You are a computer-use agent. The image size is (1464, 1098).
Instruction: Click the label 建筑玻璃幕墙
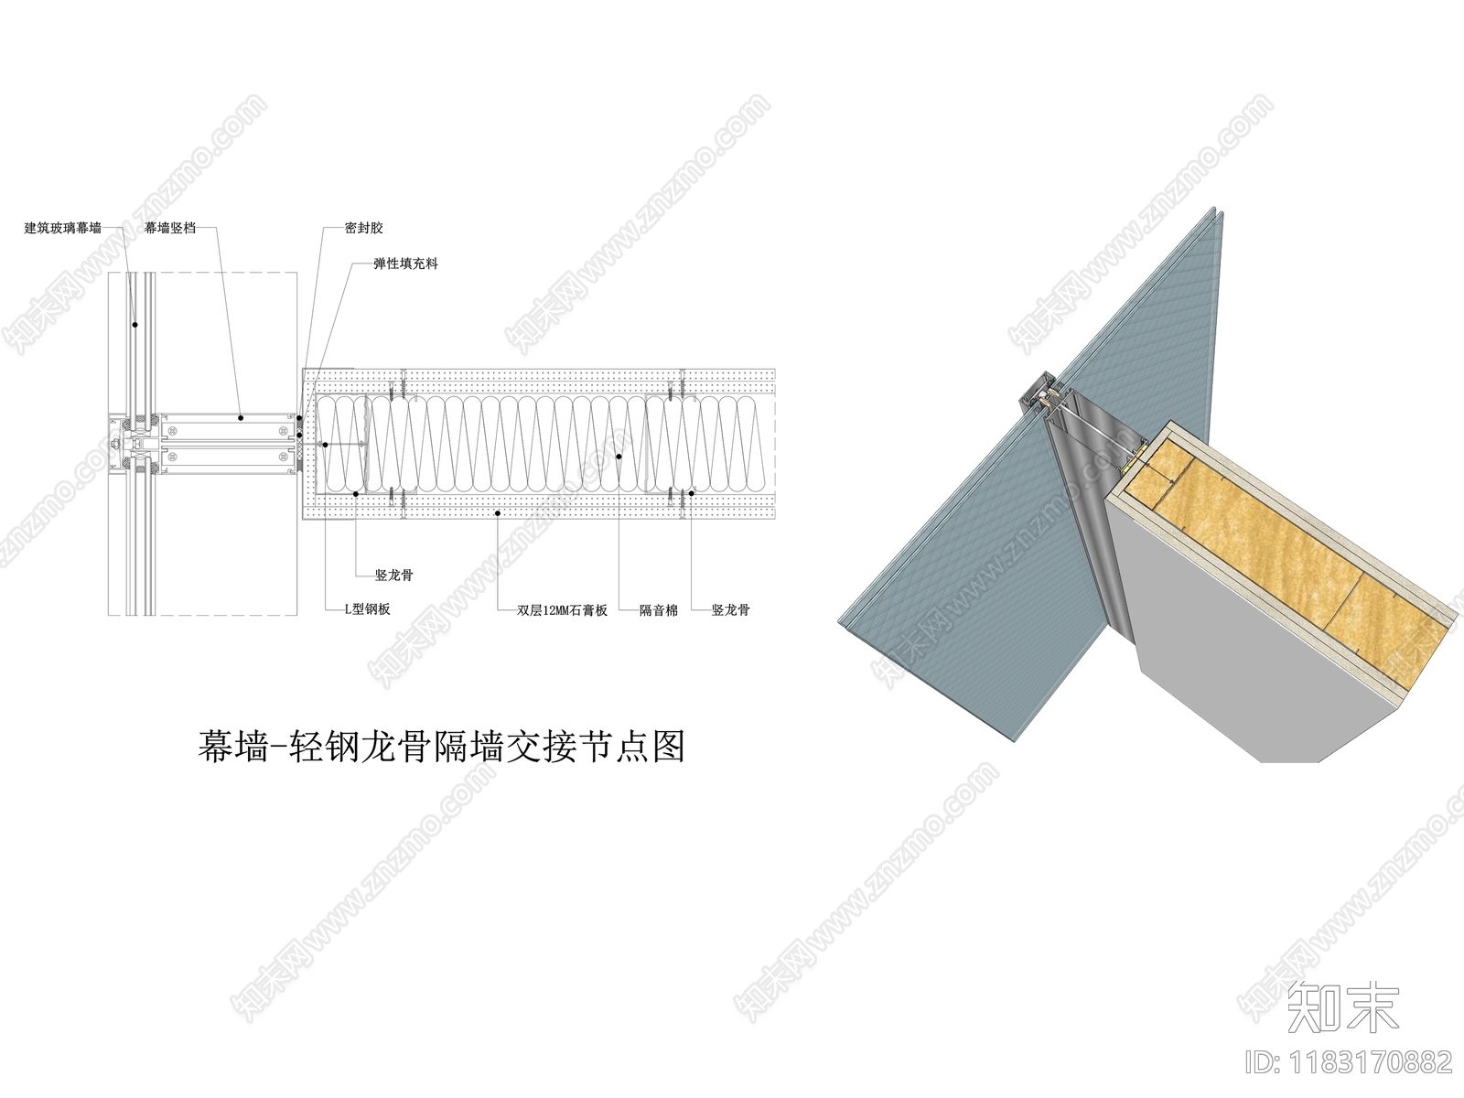tap(63, 228)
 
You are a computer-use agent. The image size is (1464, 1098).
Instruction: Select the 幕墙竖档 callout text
tap(170, 228)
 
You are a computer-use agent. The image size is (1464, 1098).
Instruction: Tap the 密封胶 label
tap(363, 228)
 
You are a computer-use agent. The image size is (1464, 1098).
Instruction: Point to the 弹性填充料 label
tap(405, 264)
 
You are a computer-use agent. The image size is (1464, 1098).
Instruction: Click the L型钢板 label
tap(367, 609)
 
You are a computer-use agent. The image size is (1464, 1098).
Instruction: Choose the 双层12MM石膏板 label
tap(562, 609)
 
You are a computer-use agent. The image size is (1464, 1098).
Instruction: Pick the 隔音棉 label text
tap(658, 609)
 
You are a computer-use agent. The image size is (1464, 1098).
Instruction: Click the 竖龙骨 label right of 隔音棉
tap(730, 609)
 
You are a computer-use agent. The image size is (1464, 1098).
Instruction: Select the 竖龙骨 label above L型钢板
tap(394, 576)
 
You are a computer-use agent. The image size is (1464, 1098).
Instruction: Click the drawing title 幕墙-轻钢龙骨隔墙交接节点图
tap(441, 747)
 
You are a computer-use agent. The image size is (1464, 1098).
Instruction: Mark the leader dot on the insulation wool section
tap(619, 455)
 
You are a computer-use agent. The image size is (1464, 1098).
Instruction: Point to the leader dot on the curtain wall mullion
tap(241, 417)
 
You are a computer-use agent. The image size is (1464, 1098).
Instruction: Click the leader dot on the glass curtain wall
tap(135, 323)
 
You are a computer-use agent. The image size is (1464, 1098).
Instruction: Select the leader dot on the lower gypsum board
tap(497, 514)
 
